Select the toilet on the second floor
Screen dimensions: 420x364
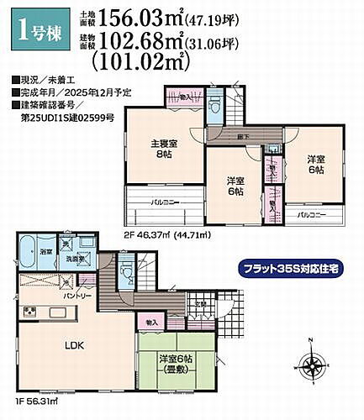coord(216,107)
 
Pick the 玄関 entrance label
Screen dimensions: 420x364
coord(201,304)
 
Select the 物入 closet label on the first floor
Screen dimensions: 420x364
coord(151,322)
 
